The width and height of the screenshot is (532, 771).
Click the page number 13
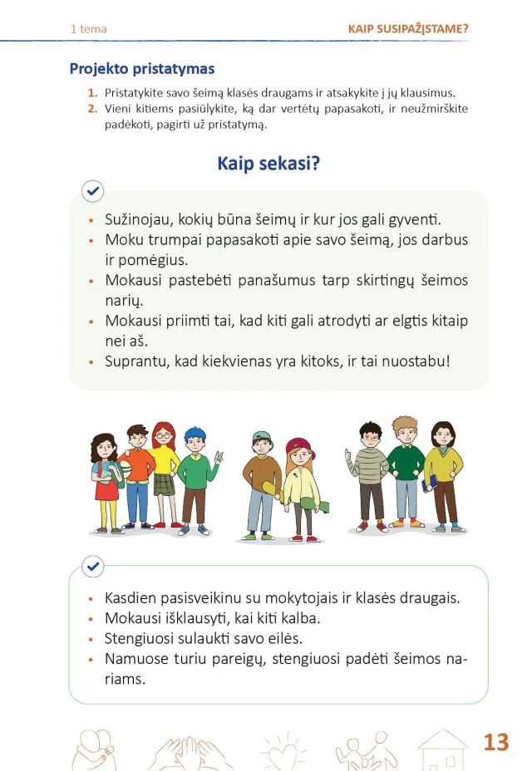click(495, 741)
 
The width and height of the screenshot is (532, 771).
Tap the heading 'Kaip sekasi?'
click(268, 163)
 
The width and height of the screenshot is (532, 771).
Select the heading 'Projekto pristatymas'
click(142, 69)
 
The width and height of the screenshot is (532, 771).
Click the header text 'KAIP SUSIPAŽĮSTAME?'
click(408, 29)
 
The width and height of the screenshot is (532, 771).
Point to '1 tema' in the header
click(88, 29)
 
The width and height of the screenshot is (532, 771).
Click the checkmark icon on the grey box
click(93, 192)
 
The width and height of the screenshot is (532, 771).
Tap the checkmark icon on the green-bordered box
click(93, 567)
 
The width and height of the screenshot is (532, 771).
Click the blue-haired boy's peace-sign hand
click(218, 458)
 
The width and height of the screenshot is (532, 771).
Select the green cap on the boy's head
click(263, 436)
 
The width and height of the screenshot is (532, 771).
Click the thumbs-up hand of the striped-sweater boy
click(348, 454)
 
